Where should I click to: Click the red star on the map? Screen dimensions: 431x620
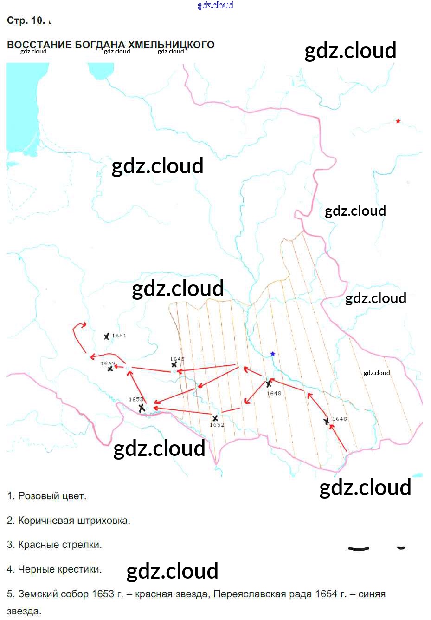pos(398,121)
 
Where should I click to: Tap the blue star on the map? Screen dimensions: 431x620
pos(273,354)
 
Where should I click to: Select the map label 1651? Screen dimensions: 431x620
pos(119,336)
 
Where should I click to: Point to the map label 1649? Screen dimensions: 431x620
pos(108,363)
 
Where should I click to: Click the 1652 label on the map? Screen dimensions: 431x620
pos(217,425)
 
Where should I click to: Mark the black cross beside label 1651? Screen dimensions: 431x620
pos(107,336)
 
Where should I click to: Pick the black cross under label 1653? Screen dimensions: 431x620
pos(142,408)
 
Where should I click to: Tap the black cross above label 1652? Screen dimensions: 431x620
pos(215,418)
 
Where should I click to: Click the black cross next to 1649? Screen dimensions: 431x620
pos(110,369)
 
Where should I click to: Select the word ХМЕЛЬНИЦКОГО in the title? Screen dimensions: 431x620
pos(171,45)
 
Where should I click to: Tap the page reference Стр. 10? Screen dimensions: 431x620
pos(26,20)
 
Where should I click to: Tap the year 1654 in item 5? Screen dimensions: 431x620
pos(326,594)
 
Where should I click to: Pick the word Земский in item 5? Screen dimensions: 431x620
pos(38,594)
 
